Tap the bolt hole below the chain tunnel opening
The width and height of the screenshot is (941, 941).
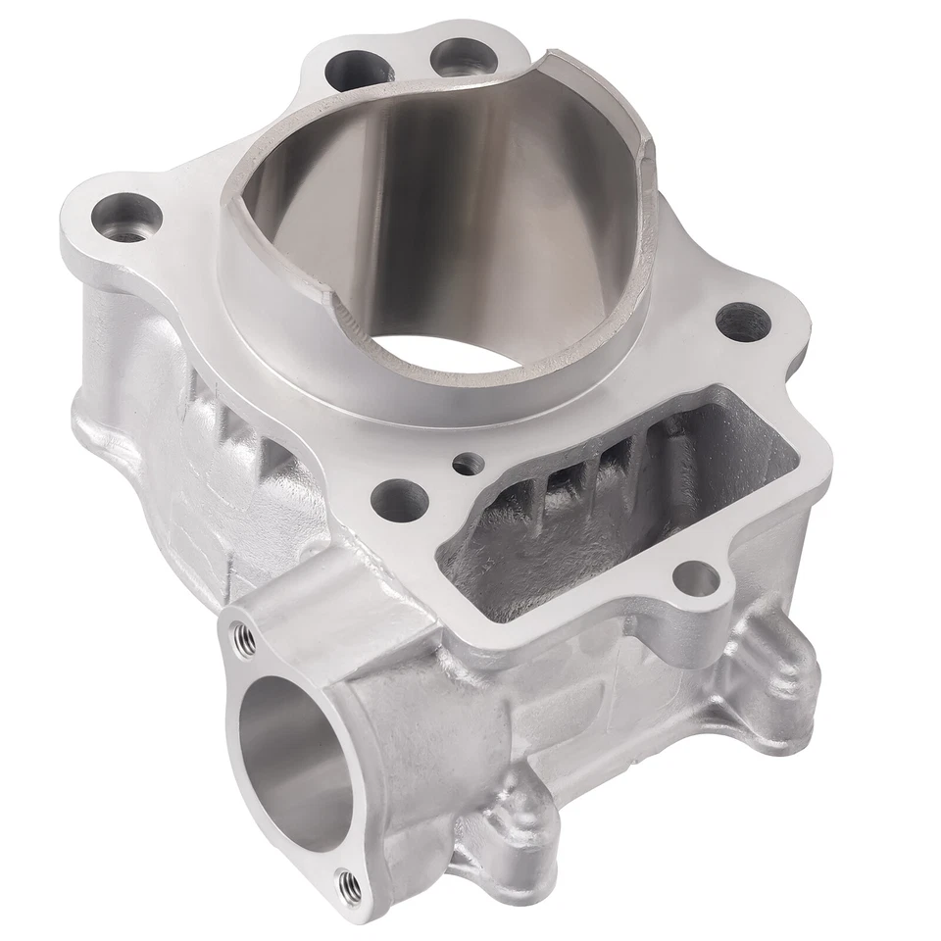698,577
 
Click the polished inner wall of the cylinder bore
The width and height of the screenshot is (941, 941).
510,196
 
